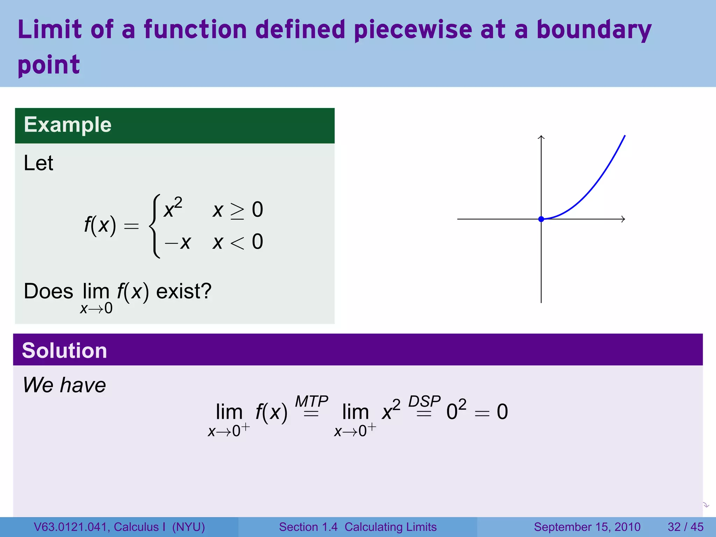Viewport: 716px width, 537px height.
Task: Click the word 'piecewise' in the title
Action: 413,30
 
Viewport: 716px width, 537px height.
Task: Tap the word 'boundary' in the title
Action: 594,30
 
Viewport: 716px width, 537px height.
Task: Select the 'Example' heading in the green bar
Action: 67,125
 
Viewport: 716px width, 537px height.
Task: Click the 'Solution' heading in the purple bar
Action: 64,351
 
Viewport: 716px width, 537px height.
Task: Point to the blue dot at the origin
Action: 541,219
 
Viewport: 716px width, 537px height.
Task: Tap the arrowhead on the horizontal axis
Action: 623,219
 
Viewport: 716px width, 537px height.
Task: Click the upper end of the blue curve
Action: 624,136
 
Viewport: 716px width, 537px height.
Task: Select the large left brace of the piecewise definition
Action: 155,226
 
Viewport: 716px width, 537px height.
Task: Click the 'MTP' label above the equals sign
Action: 311,401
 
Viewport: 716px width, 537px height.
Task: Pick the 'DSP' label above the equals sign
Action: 424,401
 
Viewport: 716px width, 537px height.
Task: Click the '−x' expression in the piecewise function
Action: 178,242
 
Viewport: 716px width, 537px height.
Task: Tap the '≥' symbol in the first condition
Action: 237,211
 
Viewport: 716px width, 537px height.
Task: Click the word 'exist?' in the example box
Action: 184,291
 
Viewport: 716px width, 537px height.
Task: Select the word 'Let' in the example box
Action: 38,163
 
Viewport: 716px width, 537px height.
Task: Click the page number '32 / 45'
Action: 685,527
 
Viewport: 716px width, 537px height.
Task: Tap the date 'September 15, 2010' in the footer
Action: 587,527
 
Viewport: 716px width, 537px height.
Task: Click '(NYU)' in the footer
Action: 188,527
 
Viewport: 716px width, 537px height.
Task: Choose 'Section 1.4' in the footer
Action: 308,527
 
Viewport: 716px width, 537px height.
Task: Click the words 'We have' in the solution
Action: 64,385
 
